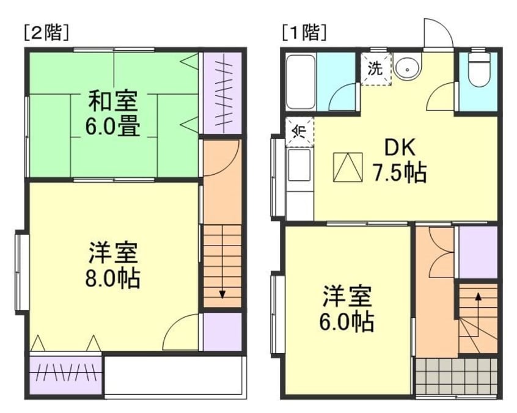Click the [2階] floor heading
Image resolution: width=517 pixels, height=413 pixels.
coord(46,31)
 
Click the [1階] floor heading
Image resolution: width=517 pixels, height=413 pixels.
coord(304,31)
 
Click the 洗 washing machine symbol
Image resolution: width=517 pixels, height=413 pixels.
coord(375,68)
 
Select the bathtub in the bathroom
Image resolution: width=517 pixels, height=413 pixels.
coord(299,82)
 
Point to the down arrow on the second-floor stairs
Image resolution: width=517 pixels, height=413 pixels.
coord(222,293)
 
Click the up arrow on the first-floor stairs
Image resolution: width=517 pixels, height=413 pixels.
coord(478,298)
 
